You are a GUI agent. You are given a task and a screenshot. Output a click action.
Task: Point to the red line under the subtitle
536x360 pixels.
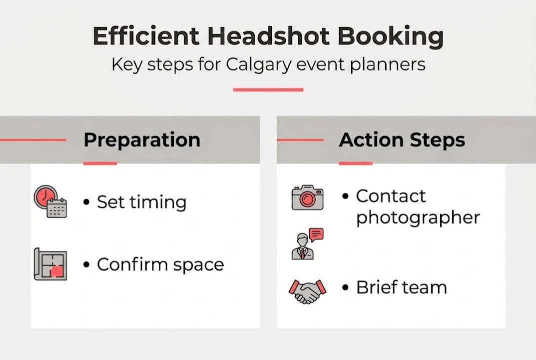(268, 90)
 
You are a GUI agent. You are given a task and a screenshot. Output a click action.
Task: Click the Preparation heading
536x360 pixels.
(142, 139)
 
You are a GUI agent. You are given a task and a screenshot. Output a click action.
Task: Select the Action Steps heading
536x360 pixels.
(402, 140)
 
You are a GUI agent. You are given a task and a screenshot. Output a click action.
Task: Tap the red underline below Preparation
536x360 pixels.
(100, 163)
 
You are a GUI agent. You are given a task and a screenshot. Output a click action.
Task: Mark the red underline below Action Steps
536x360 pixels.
(356, 163)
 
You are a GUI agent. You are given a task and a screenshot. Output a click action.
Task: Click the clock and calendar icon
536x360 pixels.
(50, 201)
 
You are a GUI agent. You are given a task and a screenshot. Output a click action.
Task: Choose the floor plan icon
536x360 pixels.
(50, 264)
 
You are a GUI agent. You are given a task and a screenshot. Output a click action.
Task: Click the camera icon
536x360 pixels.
(307, 197)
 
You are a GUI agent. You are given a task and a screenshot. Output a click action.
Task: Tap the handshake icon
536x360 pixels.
(307, 290)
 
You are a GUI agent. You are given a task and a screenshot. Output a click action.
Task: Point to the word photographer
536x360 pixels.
(418, 218)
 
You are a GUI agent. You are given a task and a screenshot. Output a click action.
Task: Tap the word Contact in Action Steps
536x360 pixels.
(391, 196)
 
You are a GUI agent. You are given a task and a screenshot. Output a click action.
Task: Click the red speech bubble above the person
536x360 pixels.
(316, 234)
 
